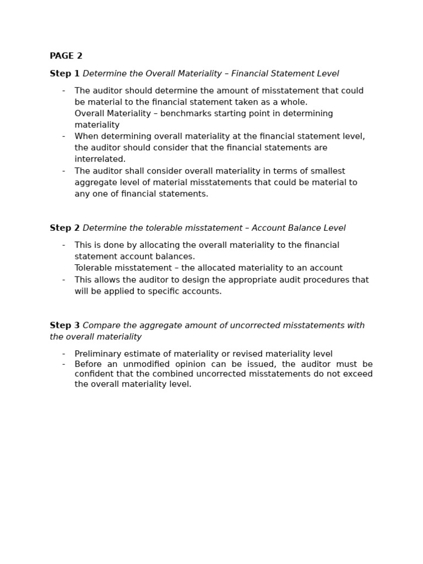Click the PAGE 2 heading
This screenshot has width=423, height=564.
(66, 56)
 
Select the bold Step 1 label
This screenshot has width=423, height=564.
(64, 74)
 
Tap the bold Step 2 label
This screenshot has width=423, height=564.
(64, 228)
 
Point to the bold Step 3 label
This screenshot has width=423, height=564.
(64, 326)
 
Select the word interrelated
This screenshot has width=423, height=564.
(100, 159)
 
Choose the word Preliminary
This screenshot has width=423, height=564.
(99, 354)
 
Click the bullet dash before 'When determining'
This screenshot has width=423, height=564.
(63, 137)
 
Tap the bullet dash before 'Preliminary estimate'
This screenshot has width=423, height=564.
(63, 354)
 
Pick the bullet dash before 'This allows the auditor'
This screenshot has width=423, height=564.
(63, 280)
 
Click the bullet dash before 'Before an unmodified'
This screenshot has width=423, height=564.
(63, 364)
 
